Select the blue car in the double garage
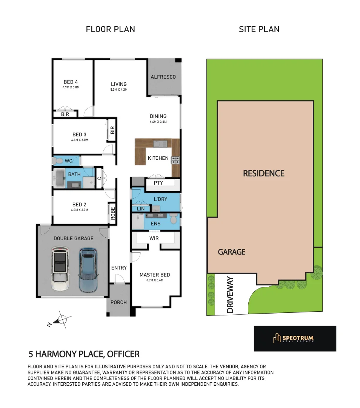(88, 269)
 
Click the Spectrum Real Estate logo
(295, 338)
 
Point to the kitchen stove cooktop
(175, 160)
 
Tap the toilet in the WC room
(59, 161)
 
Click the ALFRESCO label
(163, 77)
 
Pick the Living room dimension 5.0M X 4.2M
(118, 90)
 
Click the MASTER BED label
(155, 275)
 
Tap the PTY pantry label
(158, 183)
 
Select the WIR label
(154, 238)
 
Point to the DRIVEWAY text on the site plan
(230, 295)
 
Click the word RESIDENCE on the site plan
(263, 173)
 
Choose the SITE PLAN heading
(259, 29)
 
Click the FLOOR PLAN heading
(110, 29)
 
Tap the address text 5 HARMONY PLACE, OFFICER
(84, 354)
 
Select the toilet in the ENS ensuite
(173, 218)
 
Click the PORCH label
(118, 302)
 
